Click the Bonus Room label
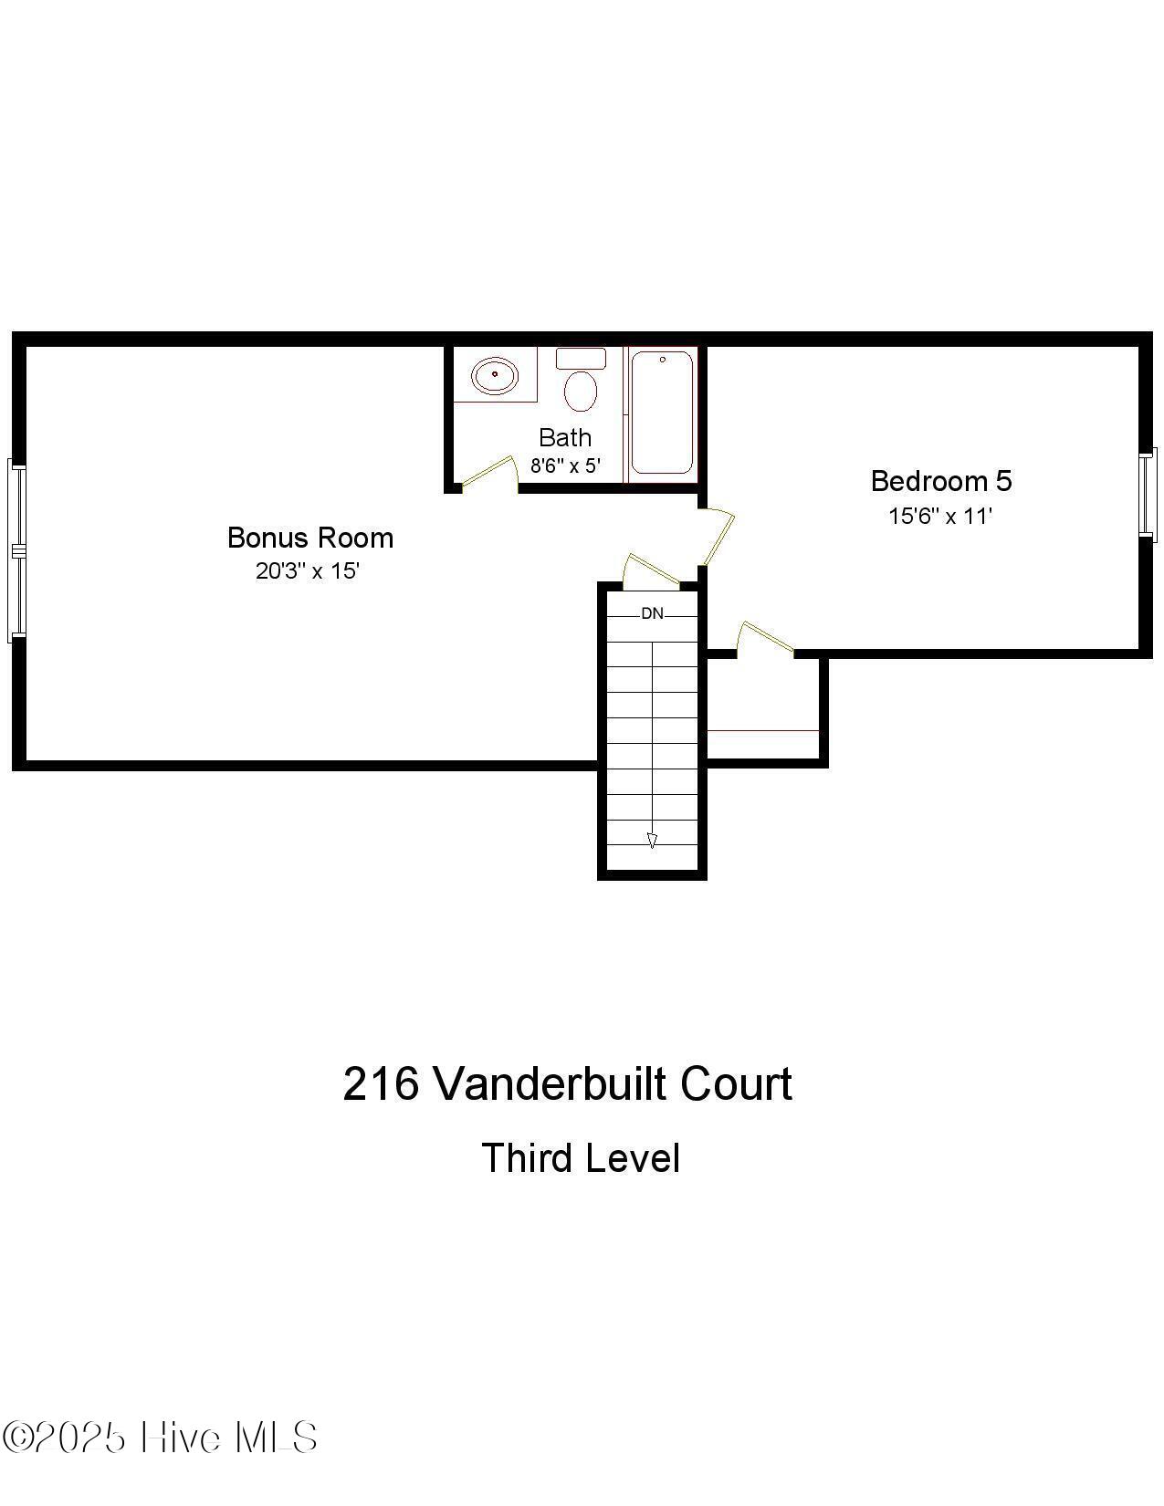[310, 538]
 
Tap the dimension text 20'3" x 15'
[308, 571]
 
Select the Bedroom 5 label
[940, 481]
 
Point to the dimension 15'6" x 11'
[940, 516]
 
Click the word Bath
[564, 437]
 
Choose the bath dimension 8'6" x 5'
[566, 465]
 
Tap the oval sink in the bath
[494, 375]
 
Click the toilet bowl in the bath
[581, 391]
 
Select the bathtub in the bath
[662, 412]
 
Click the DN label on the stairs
[652, 613]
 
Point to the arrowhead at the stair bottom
[652, 841]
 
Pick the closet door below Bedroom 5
[765, 636]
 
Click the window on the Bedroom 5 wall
[1148, 493]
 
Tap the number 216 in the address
[380, 1084]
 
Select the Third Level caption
[581, 1158]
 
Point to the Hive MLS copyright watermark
[161, 1438]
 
